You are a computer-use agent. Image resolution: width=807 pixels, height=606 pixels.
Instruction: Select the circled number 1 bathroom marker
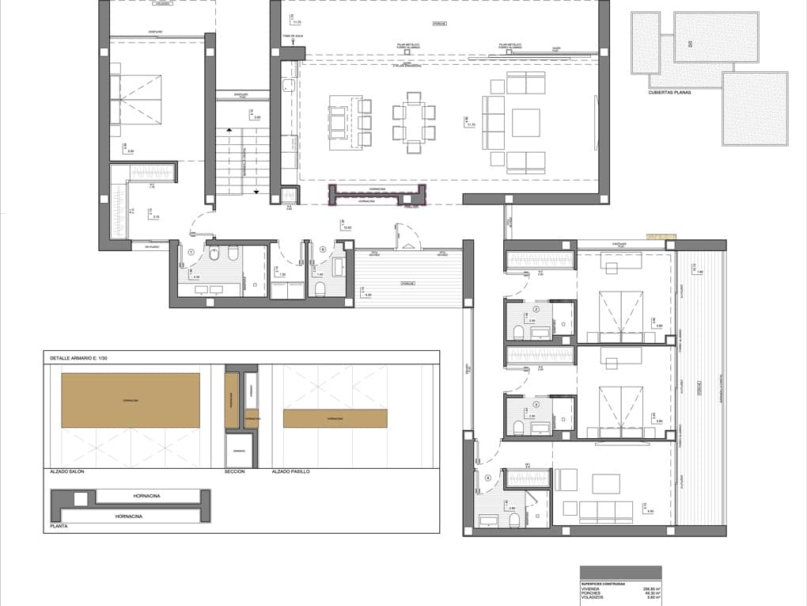pos(191,253)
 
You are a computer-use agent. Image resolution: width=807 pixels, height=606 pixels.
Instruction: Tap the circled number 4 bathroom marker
pos(488,478)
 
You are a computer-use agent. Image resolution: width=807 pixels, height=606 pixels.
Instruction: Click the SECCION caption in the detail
pos(235,471)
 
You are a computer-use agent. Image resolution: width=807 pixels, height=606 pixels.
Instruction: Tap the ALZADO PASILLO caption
pos(290,471)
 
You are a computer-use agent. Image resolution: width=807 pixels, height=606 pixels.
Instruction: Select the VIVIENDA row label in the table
pos(591,589)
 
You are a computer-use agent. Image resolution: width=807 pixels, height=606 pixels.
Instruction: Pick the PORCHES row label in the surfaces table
pos(590,594)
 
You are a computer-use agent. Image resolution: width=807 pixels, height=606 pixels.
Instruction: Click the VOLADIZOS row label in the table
pos(592,599)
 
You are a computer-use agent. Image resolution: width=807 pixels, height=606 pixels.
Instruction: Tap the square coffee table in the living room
pos(525,123)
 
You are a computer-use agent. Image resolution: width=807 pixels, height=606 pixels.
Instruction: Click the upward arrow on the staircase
pos(229,129)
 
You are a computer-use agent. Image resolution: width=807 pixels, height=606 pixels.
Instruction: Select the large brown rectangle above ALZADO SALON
pos(131,400)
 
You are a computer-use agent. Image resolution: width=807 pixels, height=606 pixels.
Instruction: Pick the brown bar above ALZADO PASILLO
pos(335,418)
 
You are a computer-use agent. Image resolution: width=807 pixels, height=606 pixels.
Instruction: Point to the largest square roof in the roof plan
pos(755,109)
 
